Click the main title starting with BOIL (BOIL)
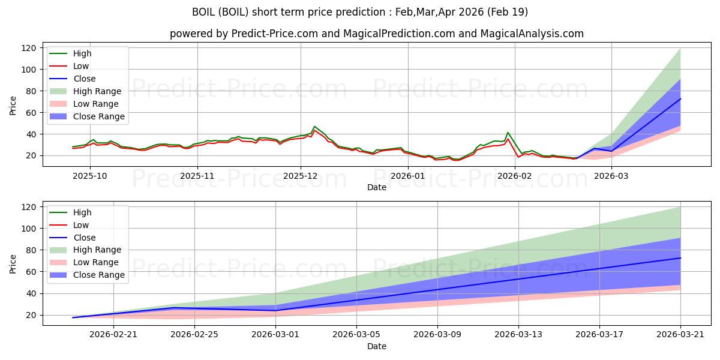[x=360, y=12]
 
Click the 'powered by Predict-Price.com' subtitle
[x=376, y=34]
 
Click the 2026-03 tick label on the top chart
[x=611, y=176]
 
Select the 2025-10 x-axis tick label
[x=90, y=176]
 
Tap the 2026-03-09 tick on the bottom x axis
[x=437, y=335]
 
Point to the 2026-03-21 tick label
[x=680, y=335]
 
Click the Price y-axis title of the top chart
[x=13, y=105]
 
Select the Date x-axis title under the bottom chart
[x=376, y=346]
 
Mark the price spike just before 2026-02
[x=508, y=133]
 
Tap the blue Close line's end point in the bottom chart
[x=680, y=258]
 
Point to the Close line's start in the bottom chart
[x=73, y=317]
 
